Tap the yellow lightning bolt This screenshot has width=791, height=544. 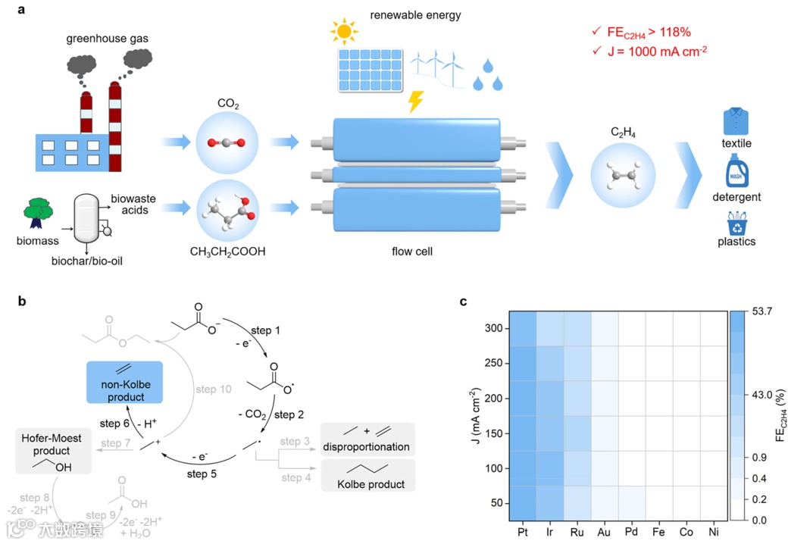coord(416,102)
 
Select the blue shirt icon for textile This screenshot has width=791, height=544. coord(736,122)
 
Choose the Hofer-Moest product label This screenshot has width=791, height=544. coord(51,443)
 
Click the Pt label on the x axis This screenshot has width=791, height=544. coord(523,533)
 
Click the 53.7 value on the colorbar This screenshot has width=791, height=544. coord(760,311)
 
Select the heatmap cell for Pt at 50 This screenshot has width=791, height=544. coord(523,503)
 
